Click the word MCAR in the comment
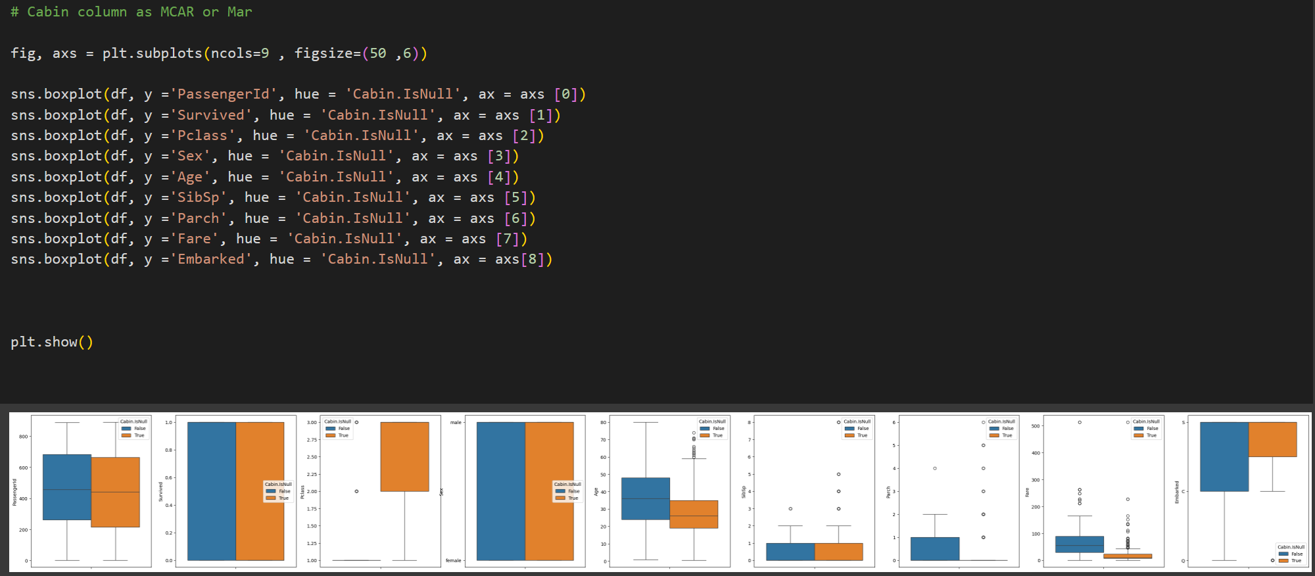click(177, 12)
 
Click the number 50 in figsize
click(377, 53)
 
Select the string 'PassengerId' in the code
click(223, 94)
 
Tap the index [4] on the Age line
click(503, 177)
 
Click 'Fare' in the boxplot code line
click(195, 239)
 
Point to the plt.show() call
click(52, 342)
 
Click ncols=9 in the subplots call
click(239, 53)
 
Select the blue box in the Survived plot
click(211, 491)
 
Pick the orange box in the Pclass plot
click(404, 456)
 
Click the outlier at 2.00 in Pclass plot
click(356, 491)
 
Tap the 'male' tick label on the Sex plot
click(456, 422)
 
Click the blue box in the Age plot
click(646, 498)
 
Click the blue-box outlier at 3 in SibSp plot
click(790, 509)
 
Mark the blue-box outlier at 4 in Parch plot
click(934, 468)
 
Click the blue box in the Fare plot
click(1080, 544)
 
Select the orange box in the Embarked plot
click(1272, 439)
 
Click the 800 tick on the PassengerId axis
click(24, 437)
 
